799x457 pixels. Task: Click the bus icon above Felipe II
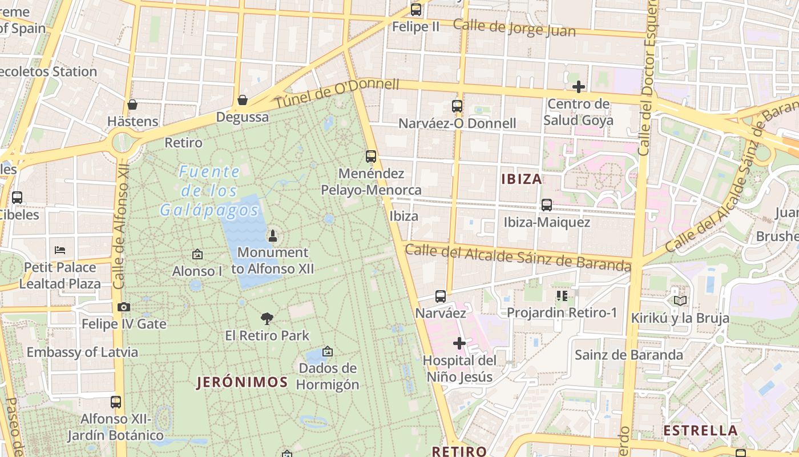(x=416, y=10)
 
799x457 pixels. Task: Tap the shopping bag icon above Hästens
(x=132, y=105)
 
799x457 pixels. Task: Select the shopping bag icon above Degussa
(x=243, y=101)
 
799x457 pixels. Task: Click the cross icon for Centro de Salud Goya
(x=579, y=87)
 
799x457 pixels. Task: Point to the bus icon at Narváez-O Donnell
(x=457, y=106)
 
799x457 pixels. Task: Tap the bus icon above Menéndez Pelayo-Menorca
(x=371, y=157)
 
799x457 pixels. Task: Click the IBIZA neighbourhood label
(x=522, y=179)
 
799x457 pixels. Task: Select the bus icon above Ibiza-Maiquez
(x=547, y=205)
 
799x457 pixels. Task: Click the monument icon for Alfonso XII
(x=273, y=235)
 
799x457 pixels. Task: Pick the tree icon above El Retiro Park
(x=267, y=319)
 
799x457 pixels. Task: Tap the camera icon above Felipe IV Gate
(x=124, y=307)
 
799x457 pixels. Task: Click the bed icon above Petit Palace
(x=60, y=250)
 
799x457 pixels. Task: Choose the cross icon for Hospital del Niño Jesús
(x=459, y=343)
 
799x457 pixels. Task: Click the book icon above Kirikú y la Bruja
(x=680, y=300)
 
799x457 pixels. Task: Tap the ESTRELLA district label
(x=701, y=430)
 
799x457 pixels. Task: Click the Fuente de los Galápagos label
(x=209, y=191)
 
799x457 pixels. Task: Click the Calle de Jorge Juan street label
(x=514, y=27)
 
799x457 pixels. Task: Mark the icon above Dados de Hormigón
(x=328, y=351)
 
